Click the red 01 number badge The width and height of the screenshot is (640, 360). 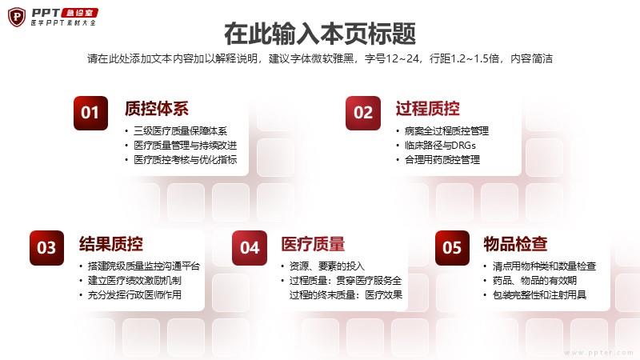(90, 113)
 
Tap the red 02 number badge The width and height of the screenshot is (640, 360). (363, 113)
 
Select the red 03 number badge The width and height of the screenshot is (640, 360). (46, 248)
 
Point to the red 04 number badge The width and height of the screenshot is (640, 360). (250, 248)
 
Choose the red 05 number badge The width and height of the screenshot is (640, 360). (452, 248)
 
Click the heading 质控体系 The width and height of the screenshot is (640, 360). (157, 109)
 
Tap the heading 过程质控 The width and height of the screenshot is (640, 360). (427, 109)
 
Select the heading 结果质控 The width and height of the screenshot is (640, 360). (111, 244)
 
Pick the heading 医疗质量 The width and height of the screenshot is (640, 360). (313, 244)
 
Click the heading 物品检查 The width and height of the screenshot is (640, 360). (515, 244)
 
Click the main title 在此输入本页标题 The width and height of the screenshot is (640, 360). (320, 34)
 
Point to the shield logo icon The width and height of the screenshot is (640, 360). (17, 17)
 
